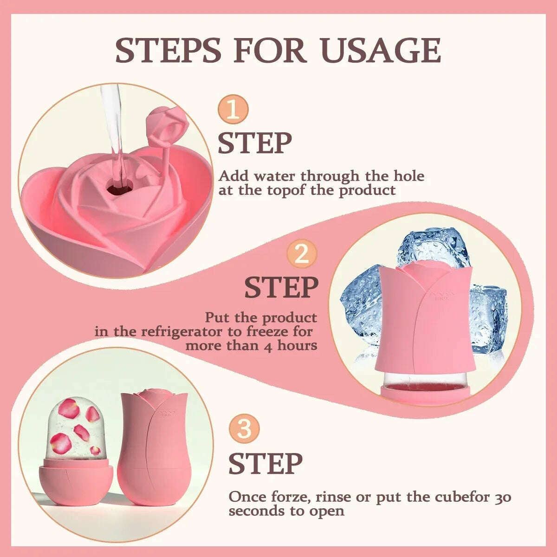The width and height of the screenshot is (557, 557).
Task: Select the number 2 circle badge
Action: pyautogui.click(x=302, y=255)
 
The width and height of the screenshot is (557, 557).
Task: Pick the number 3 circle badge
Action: pyautogui.click(x=245, y=429)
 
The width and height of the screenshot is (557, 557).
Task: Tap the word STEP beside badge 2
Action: pyautogui.click(x=281, y=288)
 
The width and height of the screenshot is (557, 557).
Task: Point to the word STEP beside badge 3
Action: pyautogui.click(x=266, y=463)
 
